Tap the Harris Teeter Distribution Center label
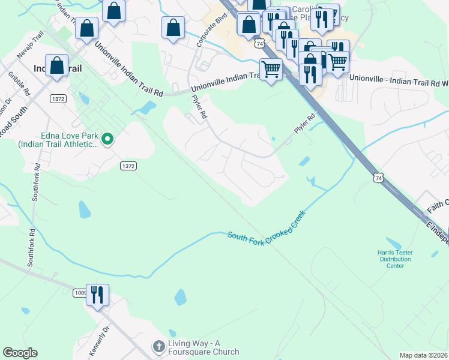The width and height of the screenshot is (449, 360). [x=394, y=259]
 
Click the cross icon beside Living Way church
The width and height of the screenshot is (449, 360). [x=158, y=346]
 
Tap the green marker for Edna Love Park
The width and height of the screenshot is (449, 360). [x=107, y=139]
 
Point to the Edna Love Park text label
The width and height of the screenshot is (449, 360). [x=58, y=140]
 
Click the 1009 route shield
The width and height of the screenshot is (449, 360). [x=80, y=293]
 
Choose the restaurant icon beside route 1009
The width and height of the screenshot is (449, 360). [x=97, y=295]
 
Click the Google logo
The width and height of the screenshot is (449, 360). [x=20, y=353]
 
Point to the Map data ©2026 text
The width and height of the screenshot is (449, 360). [x=424, y=355]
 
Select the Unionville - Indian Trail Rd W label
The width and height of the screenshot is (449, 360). [x=398, y=78]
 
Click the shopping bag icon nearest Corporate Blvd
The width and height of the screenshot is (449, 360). [x=173, y=27]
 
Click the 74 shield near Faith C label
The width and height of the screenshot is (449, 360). [x=377, y=178]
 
